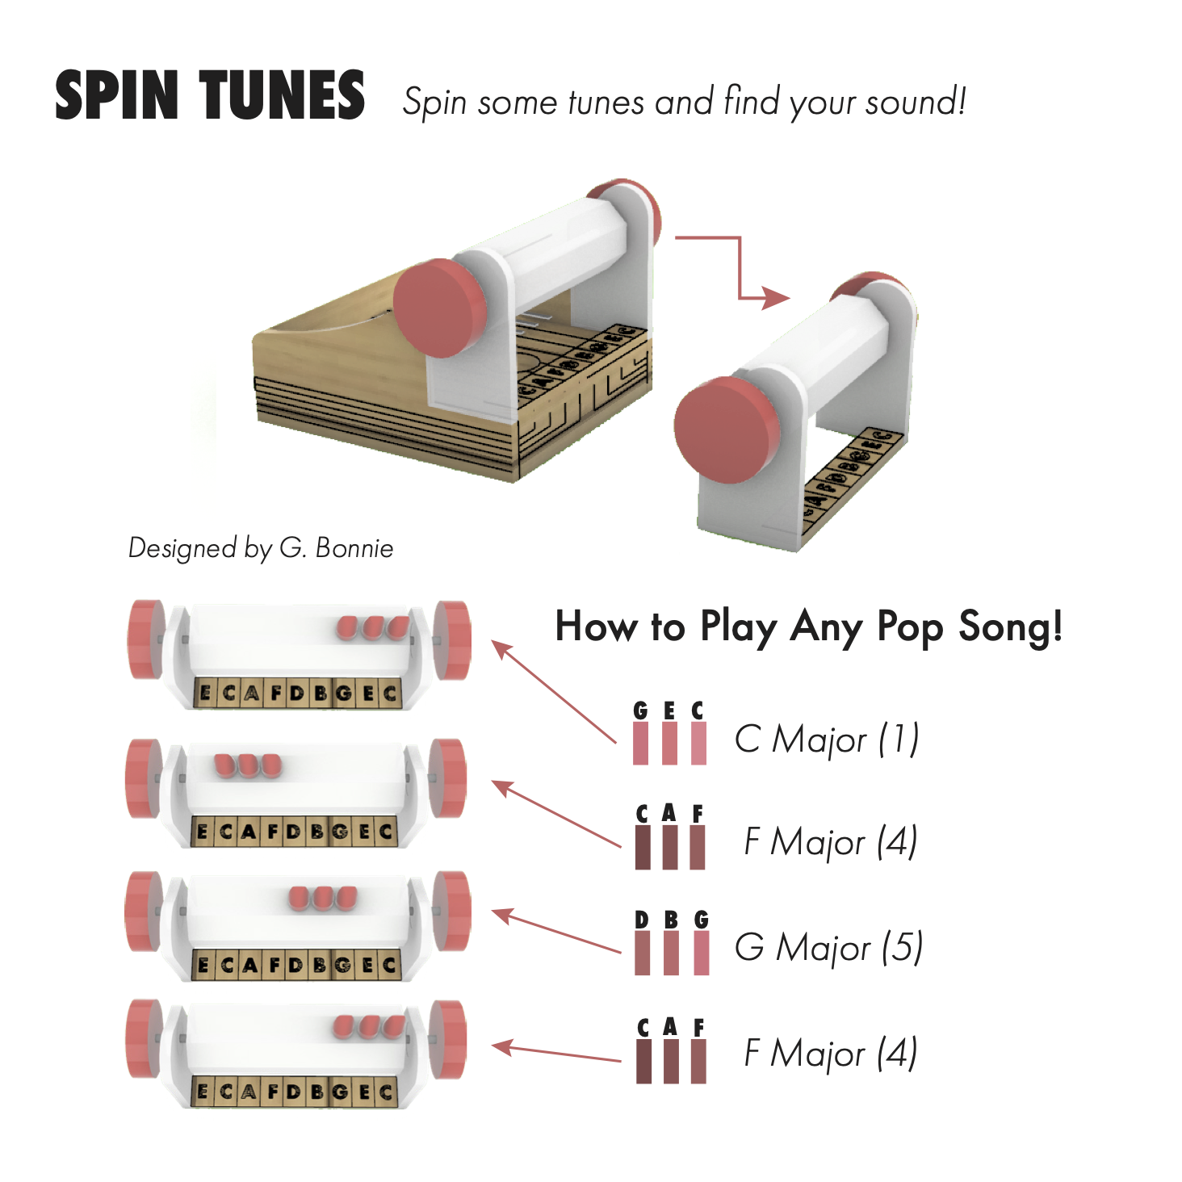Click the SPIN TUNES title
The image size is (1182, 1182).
pyautogui.click(x=210, y=96)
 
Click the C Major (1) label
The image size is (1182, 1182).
pyautogui.click(x=827, y=739)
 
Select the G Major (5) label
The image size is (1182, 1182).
pyautogui.click(x=828, y=947)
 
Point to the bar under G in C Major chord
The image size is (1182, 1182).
pyautogui.click(x=641, y=743)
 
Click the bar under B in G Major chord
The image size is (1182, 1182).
pyautogui.click(x=671, y=953)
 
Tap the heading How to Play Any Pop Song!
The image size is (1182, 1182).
pyautogui.click(x=808, y=627)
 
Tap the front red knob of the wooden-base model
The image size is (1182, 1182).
pyautogui.click(x=440, y=308)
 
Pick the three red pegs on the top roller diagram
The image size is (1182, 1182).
pyautogui.click(x=373, y=627)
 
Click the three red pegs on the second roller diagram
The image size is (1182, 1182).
pyautogui.click(x=248, y=765)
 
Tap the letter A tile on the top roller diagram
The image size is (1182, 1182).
pyautogui.click(x=251, y=694)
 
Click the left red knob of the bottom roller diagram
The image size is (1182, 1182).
pyautogui.click(x=144, y=1038)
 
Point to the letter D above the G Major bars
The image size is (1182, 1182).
pyautogui.click(x=642, y=920)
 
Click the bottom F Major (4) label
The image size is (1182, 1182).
pyautogui.click(x=830, y=1053)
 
